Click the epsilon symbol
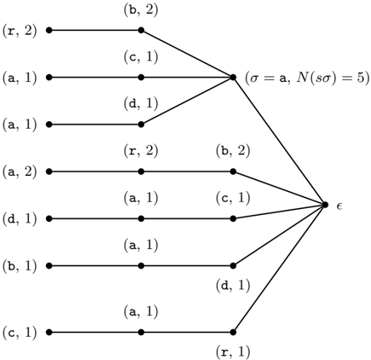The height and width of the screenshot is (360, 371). [339, 206]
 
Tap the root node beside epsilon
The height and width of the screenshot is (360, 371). [325, 205]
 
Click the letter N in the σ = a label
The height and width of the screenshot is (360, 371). [301, 78]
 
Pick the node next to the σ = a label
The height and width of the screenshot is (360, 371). [233, 77]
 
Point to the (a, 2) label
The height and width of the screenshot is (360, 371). [20, 171]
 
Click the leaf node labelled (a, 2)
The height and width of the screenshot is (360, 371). [49, 171]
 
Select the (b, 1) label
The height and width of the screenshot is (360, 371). [20, 266]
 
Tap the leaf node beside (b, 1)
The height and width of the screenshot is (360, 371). [49, 266]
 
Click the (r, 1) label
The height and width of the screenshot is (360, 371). [233, 351]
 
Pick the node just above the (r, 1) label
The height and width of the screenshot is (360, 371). [233, 332]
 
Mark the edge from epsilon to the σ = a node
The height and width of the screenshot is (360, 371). [279, 141]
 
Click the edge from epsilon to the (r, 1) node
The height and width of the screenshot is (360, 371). [279, 268]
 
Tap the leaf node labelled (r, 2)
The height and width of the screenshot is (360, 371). [49, 30]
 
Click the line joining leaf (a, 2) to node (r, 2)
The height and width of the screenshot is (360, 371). [95, 171]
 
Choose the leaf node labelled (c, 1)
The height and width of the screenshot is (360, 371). [49, 332]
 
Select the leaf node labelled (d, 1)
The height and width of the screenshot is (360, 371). [49, 218]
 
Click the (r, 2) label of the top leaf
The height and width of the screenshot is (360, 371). [20, 30]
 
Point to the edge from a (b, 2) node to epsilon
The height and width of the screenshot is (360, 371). [279, 188]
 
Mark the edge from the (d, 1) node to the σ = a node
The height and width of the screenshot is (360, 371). [187, 101]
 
